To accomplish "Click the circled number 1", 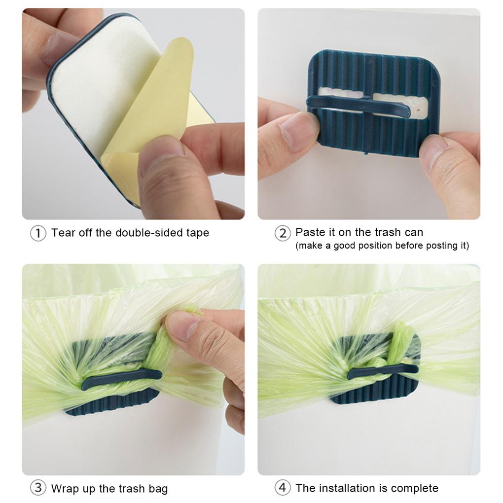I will pos(38,233).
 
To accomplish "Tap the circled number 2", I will pos(282,233).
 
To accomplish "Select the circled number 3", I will pos(38,488).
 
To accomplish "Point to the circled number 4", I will pos(282,488).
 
